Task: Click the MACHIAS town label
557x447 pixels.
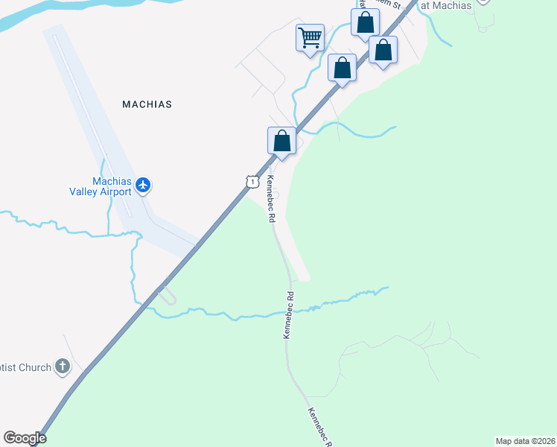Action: [x=147, y=104]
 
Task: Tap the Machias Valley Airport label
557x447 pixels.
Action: [x=112, y=186]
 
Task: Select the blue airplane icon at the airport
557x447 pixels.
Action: [x=143, y=185]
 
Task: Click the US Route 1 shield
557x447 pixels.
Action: [x=252, y=182]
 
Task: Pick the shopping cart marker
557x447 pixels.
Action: [x=309, y=37]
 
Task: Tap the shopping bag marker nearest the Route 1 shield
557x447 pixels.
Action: [x=281, y=140]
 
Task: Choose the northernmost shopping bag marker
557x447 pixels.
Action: [x=365, y=22]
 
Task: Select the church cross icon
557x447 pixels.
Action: [x=63, y=367]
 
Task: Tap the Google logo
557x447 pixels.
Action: [x=25, y=438]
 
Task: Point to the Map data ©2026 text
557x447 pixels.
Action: [x=526, y=441]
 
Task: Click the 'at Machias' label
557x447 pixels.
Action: [x=446, y=6]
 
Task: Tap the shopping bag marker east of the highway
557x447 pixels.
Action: [x=383, y=51]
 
